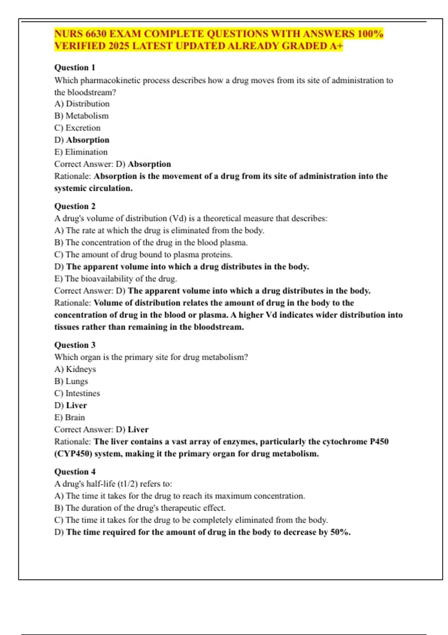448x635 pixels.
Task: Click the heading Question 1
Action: pos(75,68)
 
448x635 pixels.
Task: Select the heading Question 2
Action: pos(75,206)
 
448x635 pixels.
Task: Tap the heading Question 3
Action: pos(75,345)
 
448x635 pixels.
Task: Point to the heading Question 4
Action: pos(75,471)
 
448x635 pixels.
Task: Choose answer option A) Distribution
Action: pos(82,104)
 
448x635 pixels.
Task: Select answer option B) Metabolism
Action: pos(81,116)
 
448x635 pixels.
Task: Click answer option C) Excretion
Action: pos(77,128)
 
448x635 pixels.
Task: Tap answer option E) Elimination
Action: pos(81,152)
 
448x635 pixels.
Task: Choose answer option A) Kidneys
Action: pos(75,369)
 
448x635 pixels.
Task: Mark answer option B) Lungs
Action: pos(71,381)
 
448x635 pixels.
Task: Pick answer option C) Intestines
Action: pos(77,393)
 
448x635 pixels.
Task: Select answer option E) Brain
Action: pos(69,417)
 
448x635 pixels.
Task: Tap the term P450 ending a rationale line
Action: pos(379,442)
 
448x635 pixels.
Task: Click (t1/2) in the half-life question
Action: pos(128,484)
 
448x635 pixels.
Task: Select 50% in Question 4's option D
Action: pos(339,532)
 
